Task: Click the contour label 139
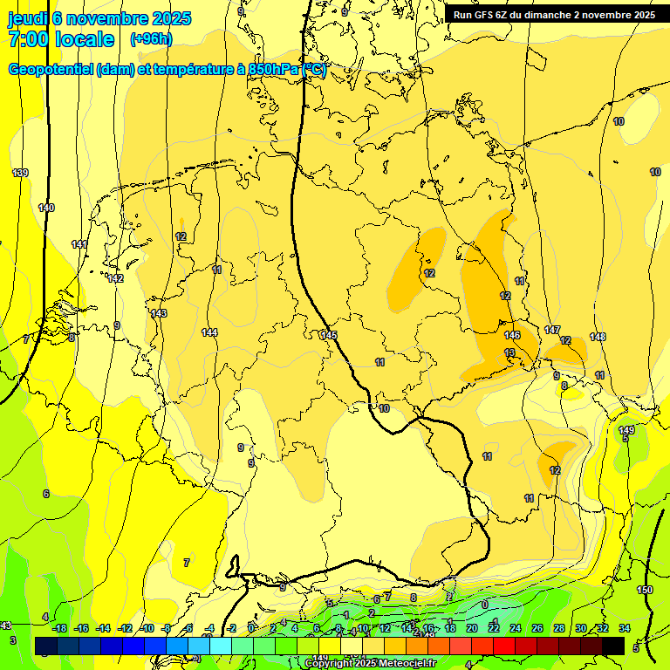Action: click(20, 173)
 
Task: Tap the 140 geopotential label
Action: click(46, 208)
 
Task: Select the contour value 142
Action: click(115, 278)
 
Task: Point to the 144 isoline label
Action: click(209, 332)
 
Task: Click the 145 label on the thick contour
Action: click(328, 335)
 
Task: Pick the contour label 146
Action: click(512, 335)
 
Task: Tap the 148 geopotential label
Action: click(598, 337)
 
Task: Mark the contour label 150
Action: click(645, 591)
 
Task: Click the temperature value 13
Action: click(509, 352)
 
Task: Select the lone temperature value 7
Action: click(186, 563)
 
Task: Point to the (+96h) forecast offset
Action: click(151, 39)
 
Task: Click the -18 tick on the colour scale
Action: click(59, 628)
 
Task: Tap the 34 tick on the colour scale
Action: click(625, 628)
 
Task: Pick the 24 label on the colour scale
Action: click(516, 628)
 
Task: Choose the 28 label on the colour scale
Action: click(559, 628)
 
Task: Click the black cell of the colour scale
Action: click(613, 646)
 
